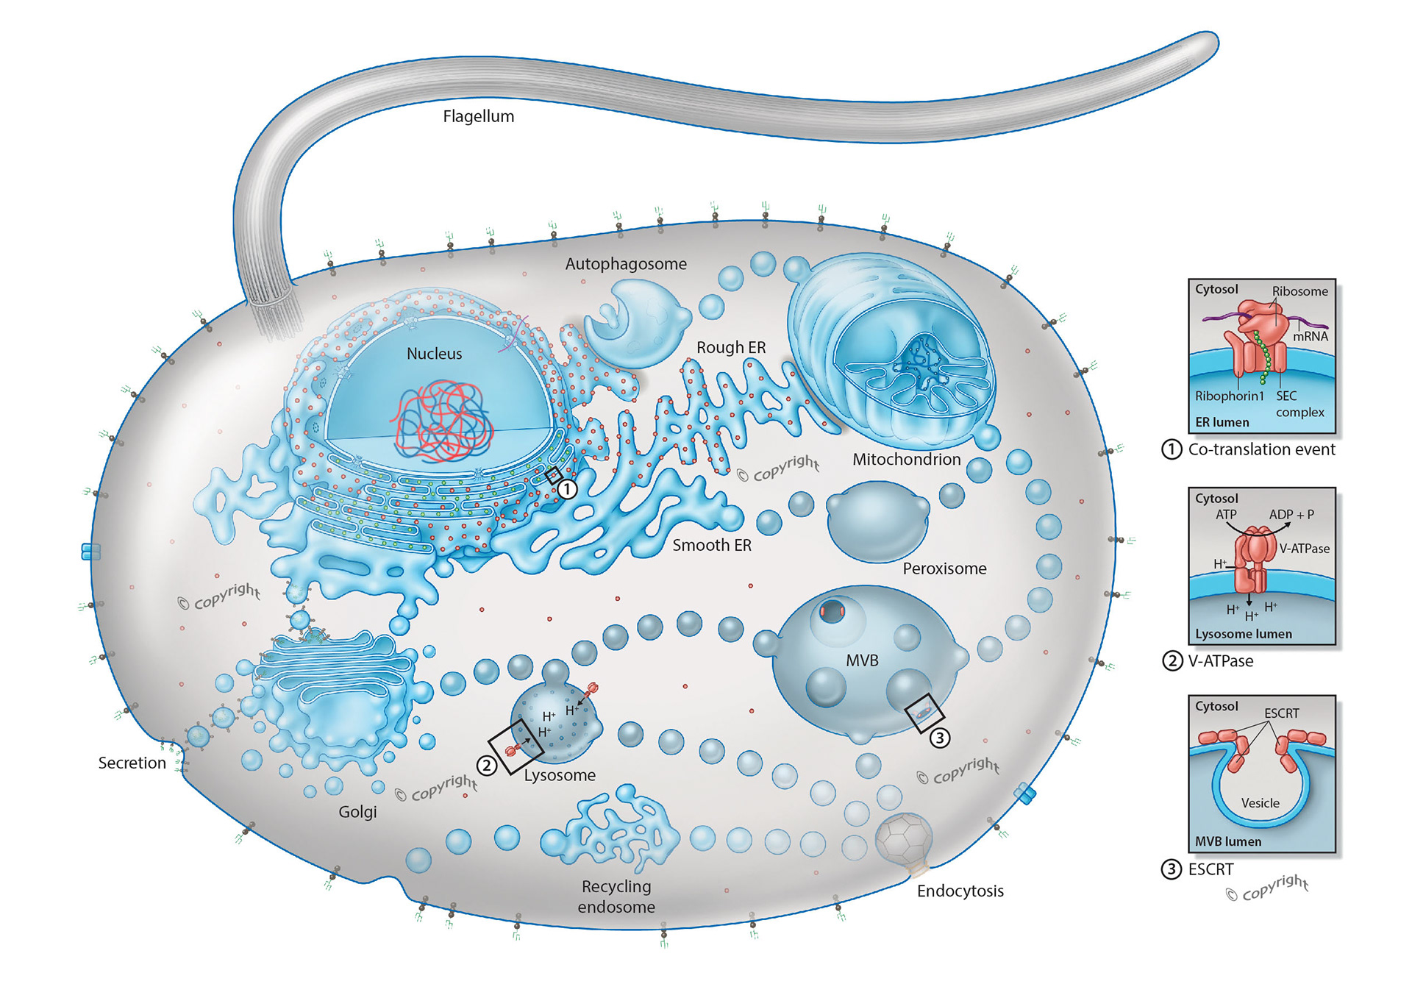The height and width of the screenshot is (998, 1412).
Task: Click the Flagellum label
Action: pos(478,116)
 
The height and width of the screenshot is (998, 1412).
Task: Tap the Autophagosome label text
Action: pos(625,264)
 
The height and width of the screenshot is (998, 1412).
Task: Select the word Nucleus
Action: pos(434,354)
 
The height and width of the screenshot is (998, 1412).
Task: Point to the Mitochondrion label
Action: pos(906,460)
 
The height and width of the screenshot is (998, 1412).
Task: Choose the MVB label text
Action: pos(862,660)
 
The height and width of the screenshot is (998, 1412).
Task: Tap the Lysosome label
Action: pos(560,775)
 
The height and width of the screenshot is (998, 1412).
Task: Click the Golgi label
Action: pos(357,812)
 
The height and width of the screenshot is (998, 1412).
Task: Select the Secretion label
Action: pos(132,763)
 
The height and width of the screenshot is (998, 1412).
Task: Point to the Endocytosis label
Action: pos(960,891)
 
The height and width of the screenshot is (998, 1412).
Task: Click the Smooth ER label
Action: pos(711,545)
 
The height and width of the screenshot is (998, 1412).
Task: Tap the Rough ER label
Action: pos(731,348)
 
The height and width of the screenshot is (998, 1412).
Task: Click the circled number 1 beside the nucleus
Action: pos(567,488)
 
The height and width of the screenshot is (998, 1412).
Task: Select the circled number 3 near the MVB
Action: pos(939,738)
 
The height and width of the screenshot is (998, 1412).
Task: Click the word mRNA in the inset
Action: pos(1311,337)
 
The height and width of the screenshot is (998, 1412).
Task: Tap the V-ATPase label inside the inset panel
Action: pos(1304,549)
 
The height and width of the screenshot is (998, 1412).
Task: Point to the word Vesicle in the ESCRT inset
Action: pos(1260,803)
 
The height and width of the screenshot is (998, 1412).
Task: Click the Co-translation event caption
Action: pos(1261,449)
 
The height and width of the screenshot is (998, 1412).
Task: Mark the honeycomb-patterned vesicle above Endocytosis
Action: pos(904,839)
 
